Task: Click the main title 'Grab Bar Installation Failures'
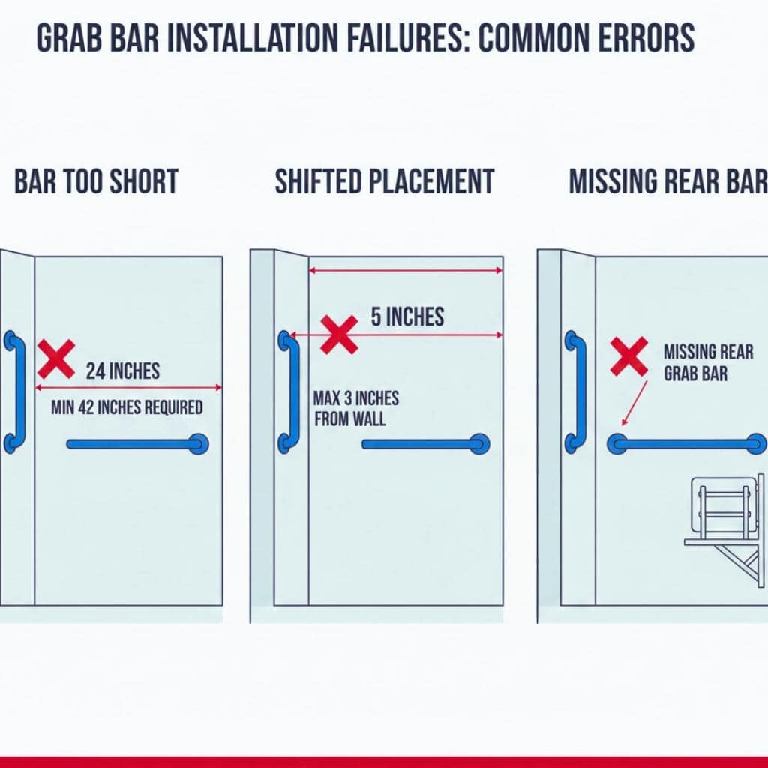coord(365,39)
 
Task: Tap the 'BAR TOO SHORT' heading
coord(96,182)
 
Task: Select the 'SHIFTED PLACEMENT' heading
coord(385,182)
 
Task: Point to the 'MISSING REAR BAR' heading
coord(668,182)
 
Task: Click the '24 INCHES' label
coord(122,370)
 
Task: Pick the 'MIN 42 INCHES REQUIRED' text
coord(127,408)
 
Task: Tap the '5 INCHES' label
coord(407,317)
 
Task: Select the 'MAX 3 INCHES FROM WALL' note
coord(356,408)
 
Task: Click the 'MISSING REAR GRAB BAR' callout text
coord(697,361)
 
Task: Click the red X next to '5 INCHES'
coord(339,334)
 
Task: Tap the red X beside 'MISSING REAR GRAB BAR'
coord(628,355)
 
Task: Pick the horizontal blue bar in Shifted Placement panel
coord(424,444)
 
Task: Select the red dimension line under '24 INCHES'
coord(128,388)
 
